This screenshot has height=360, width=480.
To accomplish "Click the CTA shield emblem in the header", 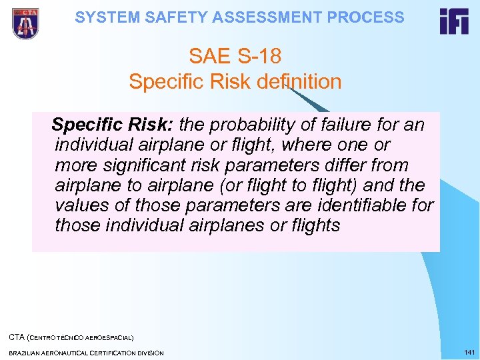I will [25, 23].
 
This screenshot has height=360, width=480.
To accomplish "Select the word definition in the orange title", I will [299, 82].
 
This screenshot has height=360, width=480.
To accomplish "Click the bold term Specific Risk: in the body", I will [113, 125].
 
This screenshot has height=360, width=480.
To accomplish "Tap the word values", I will [83, 205].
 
